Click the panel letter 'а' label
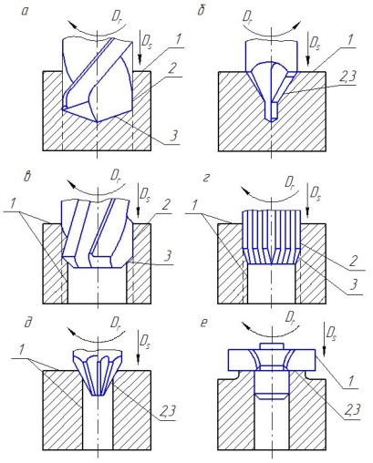coord(25,12)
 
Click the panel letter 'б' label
coord(201,11)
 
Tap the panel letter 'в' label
coord(27,177)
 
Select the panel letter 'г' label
coord(205,179)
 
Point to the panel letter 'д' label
coord(28,323)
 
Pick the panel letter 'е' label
coord(204,323)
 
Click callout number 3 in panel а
coord(173,135)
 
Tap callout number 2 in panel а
coord(171,69)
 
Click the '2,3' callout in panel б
coord(347,77)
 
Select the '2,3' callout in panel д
coord(167,411)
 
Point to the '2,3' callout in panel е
coord(352,410)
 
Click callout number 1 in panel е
coord(351,381)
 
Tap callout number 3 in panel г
coord(354,285)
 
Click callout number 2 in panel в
coord(166,205)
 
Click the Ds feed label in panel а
coord(147,42)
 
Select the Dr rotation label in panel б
coord(248,15)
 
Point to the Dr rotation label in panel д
coord(116,322)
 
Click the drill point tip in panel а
coord(97,121)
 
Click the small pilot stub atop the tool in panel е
coord(272,346)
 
